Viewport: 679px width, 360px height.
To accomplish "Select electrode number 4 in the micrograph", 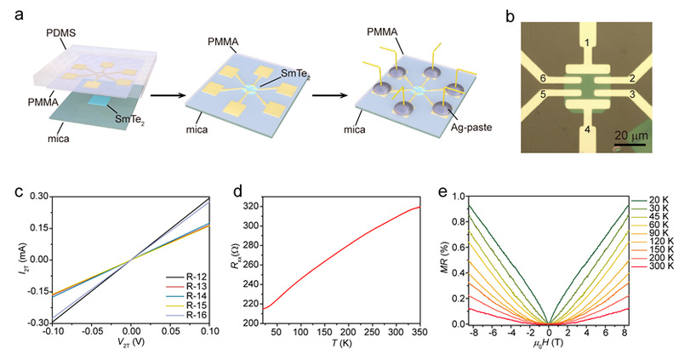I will point(586,130).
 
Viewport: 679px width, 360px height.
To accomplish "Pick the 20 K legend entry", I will point(652,201).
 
